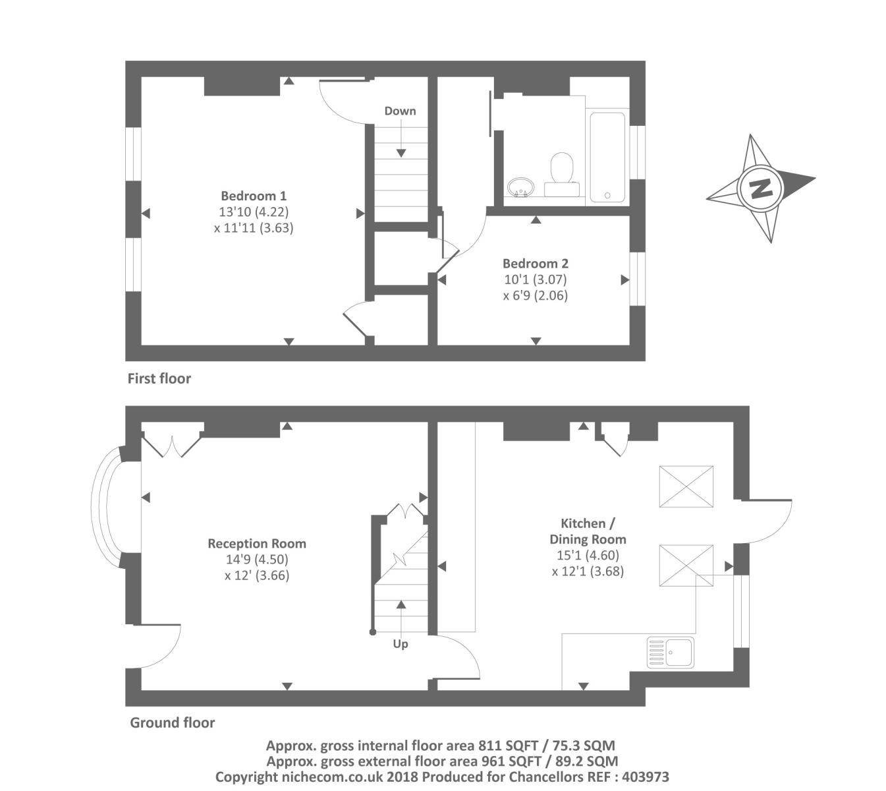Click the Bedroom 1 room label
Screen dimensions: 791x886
pyautogui.click(x=254, y=196)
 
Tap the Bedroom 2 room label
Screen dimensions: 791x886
pyautogui.click(x=535, y=263)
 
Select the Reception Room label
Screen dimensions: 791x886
pyautogui.click(x=256, y=544)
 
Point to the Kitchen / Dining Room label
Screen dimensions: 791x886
pyautogui.click(x=588, y=531)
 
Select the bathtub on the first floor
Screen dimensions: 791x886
pyautogui.click(x=607, y=157)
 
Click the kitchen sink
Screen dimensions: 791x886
pyautogui.click(x=670, y=652)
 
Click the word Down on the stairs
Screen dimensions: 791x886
pyautogui.click(x=400, y=111)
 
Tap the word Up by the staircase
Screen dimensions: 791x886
pyautogui.click(x=401, y=644)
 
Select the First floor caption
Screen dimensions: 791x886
pyautogui.click(x=159, y=378)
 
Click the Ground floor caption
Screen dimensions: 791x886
pyautogui.click(x=172, y=722)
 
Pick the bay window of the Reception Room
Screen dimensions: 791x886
pyautogui.click(x=105, y=506)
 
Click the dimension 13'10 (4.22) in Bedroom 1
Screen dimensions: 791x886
pyautogui.click(x=254, y=212)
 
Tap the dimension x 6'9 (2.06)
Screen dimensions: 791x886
pyautogui.click(x=535, y=296)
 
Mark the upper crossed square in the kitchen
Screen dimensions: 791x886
pyautogui.click(x=686, y=486)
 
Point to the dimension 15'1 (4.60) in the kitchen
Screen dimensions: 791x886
pyautogui.click(x=588, y=556)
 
